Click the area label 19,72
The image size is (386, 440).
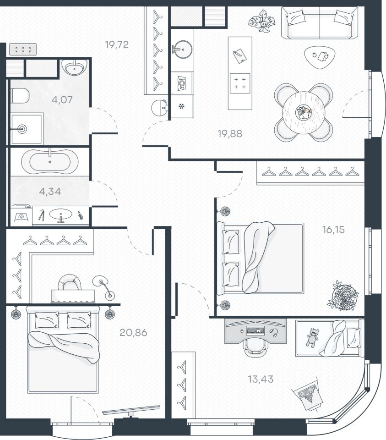click(117, 44)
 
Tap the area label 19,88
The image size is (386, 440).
click(230, 133)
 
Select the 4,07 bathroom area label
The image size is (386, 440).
click(62, 99)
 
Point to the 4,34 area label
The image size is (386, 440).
click(50, 192)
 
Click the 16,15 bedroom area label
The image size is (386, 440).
click(334, 230)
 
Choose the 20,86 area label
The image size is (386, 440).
click(133, 333)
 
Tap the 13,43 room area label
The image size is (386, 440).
click(261, 379)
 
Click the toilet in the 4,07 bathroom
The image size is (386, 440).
click(20, 95)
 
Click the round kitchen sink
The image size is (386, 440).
click(183, 49)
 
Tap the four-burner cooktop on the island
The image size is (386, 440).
click(240, 83)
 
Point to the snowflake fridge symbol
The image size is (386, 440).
click(182, 106)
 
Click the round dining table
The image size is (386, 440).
click(304, 113)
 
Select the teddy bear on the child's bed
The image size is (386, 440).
click(312, 337)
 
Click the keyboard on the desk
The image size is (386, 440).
click(256, 331)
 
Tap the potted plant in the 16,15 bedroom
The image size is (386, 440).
click(343, 296)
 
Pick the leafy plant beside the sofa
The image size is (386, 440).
click(262, 21)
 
